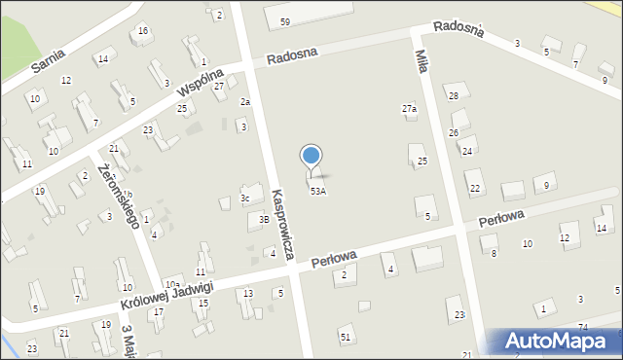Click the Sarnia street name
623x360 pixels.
point(48,64)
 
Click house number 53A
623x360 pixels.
point(318,192)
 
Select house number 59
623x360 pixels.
point(284,21)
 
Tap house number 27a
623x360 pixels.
point(410,109)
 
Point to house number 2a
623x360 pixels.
point(246,101)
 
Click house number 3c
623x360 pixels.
point(246,198)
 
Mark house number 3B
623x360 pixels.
point(263,220)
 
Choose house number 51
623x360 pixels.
point(345,336)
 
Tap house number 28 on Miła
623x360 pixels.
point(453,95)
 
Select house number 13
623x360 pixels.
point(248,293)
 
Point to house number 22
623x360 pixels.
point(474,188)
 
